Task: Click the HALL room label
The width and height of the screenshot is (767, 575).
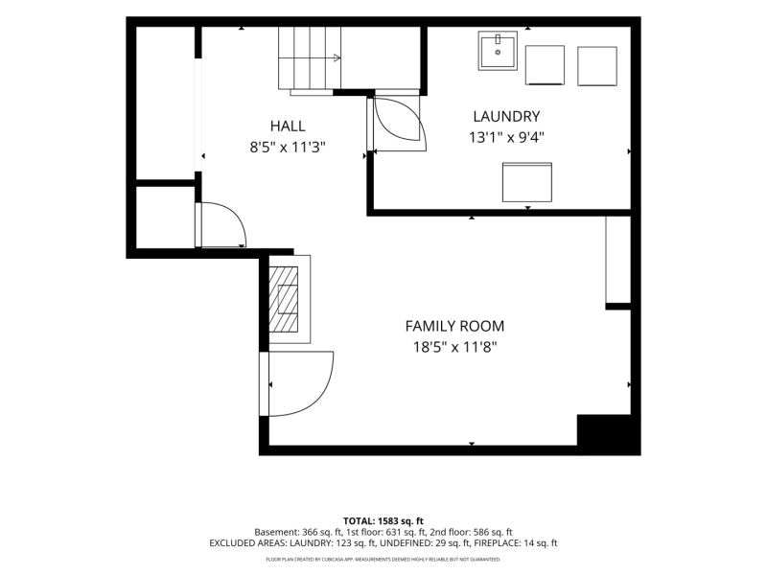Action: (288, 126)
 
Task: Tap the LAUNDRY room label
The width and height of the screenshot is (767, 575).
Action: (506, 116)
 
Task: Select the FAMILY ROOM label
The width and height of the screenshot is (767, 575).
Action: (454, 326)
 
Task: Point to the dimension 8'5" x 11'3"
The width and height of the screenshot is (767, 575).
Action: (288, 147)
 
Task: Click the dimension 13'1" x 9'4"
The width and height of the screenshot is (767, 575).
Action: (506, 137)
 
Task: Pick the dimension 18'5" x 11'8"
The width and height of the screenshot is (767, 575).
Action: (454, 347)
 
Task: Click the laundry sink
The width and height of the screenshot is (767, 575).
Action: (498, 51)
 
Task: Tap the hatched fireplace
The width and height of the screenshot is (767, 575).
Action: (283, 299)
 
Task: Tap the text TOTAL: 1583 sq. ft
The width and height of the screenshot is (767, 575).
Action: (383, 520)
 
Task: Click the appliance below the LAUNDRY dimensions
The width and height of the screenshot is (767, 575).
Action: (526, 182)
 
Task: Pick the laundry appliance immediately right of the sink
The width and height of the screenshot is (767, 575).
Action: (545, 65)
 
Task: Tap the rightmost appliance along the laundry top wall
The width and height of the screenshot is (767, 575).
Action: (596, 66)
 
